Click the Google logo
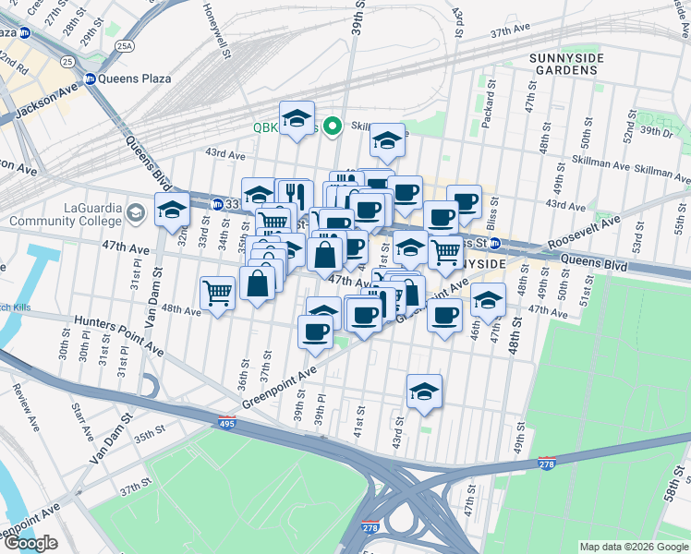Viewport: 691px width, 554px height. click(x=30, y=544)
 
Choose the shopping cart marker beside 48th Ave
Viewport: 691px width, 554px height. click(x=217, y=294)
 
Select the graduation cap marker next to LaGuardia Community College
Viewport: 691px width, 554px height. click(x=172, y=211)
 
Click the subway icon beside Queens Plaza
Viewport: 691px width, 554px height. click(x=91, y=78)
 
